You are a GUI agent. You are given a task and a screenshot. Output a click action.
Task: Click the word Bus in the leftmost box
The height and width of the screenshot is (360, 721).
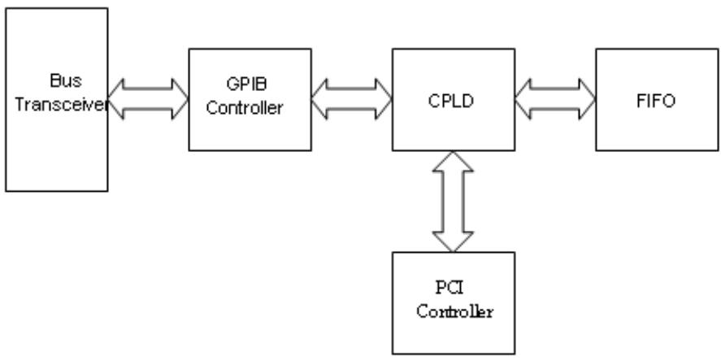(66, 81)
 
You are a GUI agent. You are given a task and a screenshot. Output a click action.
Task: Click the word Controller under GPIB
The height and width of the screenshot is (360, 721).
(244, 108)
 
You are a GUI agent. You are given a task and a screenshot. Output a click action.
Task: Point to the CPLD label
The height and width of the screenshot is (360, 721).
(450, 101)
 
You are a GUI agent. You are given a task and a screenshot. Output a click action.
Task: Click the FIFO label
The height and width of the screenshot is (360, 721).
(656, 101)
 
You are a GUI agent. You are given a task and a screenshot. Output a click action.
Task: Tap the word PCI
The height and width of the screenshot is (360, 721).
(450, 288)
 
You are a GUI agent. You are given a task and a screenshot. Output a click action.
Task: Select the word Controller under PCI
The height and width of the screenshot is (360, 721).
(454, 311)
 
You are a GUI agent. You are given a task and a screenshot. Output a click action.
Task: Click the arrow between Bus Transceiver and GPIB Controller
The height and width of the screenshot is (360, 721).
(148, 99)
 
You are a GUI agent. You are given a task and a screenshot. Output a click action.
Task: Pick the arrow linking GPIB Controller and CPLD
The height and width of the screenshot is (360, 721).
(352, 99)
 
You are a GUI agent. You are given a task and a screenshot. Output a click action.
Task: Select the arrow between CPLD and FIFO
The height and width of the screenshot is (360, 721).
(555, 99)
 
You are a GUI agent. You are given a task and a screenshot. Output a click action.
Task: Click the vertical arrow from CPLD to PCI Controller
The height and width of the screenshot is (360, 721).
(453, 202)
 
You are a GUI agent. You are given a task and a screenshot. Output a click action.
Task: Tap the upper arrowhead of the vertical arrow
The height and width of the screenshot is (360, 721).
(453, 161)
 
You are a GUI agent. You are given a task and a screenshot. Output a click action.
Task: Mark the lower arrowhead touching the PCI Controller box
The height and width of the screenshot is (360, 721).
(453, 242)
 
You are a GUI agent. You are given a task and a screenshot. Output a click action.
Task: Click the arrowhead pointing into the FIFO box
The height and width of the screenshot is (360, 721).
(587, 99)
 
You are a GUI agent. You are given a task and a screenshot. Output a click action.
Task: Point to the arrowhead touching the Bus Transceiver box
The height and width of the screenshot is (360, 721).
(116, 99)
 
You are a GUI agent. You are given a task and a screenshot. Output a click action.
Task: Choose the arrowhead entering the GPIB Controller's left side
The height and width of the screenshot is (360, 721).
(180, 99)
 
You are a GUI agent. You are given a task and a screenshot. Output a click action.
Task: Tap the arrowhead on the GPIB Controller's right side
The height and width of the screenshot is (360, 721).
(320, 99)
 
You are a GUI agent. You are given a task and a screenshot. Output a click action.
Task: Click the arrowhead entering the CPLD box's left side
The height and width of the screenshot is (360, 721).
(384, 99)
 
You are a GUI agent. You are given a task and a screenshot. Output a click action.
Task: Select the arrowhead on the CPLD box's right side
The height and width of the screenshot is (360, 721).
(523, 99)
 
